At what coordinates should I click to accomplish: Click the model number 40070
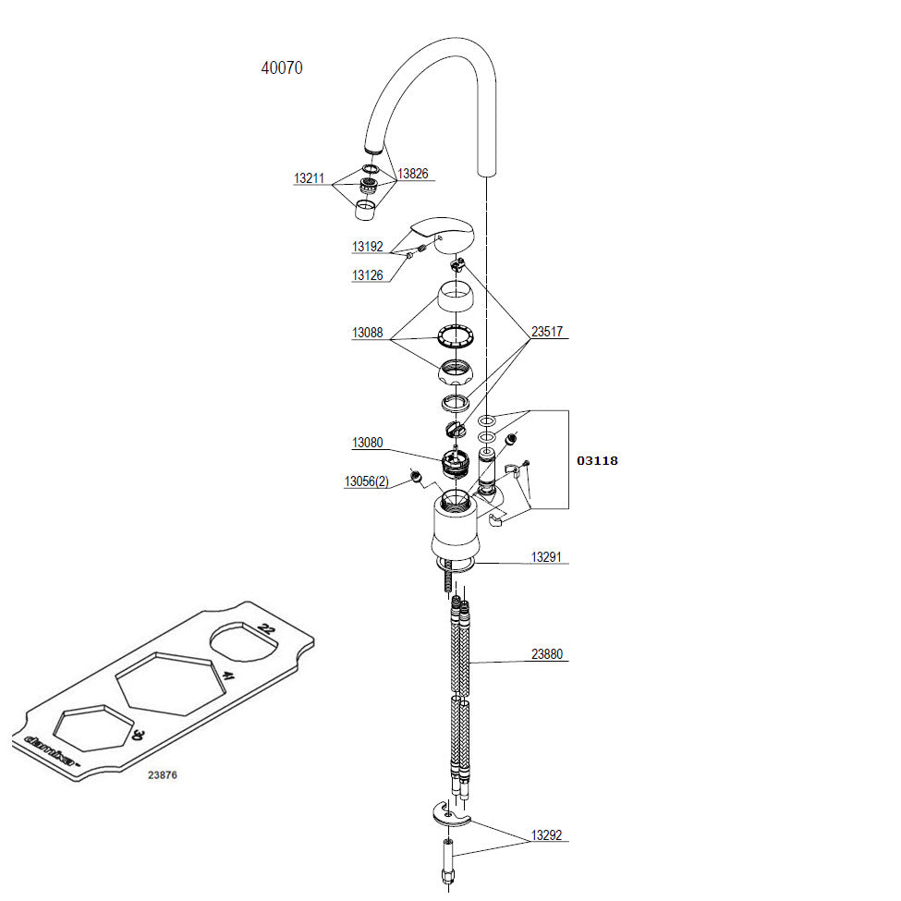tap(282, 67)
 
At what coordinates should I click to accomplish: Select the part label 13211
tap(309, 178)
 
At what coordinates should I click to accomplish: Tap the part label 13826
tap(413, 174)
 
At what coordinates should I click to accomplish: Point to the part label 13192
tap(367, 247)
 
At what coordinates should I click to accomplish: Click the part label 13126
tap(367, 275)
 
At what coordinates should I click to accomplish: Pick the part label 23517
tap(546, 332)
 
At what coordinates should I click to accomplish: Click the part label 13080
tap(367, 444)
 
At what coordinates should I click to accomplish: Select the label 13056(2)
tap(367, 481)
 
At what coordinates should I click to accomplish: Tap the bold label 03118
tap(597, 460)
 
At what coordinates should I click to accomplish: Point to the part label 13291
tap(546, 557)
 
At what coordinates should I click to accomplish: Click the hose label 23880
tap(546, 655)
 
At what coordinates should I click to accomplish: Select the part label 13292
tap(546, 836)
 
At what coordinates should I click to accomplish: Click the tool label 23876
tap(163, 775)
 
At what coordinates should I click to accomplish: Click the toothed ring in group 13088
tap(455, 336)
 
